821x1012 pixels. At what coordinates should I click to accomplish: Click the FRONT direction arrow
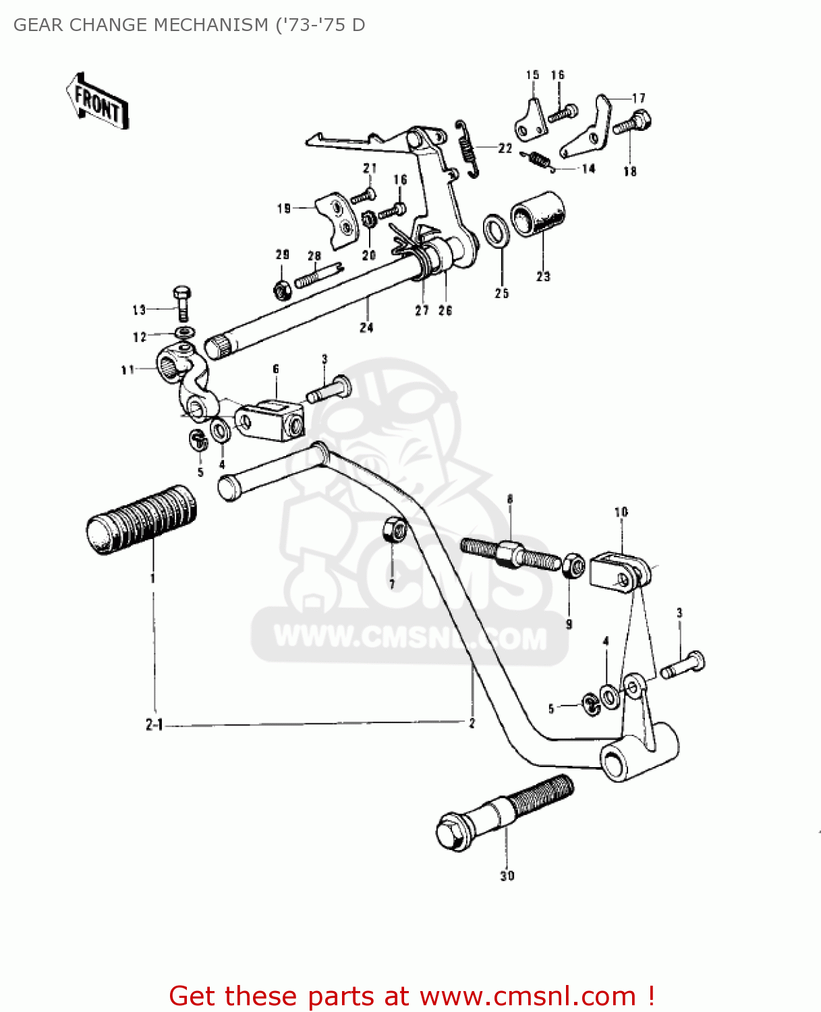tap(98, 102)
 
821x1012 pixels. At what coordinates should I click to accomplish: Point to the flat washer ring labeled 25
tap(497, 231)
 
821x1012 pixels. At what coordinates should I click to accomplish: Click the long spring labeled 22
tap(468, 148)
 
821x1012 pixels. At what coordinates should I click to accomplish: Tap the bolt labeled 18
tap(632, 125)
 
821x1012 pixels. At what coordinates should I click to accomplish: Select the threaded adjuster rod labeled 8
tap(511, 553)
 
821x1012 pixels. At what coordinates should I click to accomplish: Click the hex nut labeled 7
tap(393, 530)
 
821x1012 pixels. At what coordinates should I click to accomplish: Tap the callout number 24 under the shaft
tap(366, 328)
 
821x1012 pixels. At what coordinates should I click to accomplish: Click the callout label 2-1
tap(154, 725)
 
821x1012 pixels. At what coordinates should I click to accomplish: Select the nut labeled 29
tap(281, 289)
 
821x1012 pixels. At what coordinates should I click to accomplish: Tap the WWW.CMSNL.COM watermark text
tap(409, 637)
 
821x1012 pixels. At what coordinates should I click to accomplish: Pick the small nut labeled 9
tap(572, 565)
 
